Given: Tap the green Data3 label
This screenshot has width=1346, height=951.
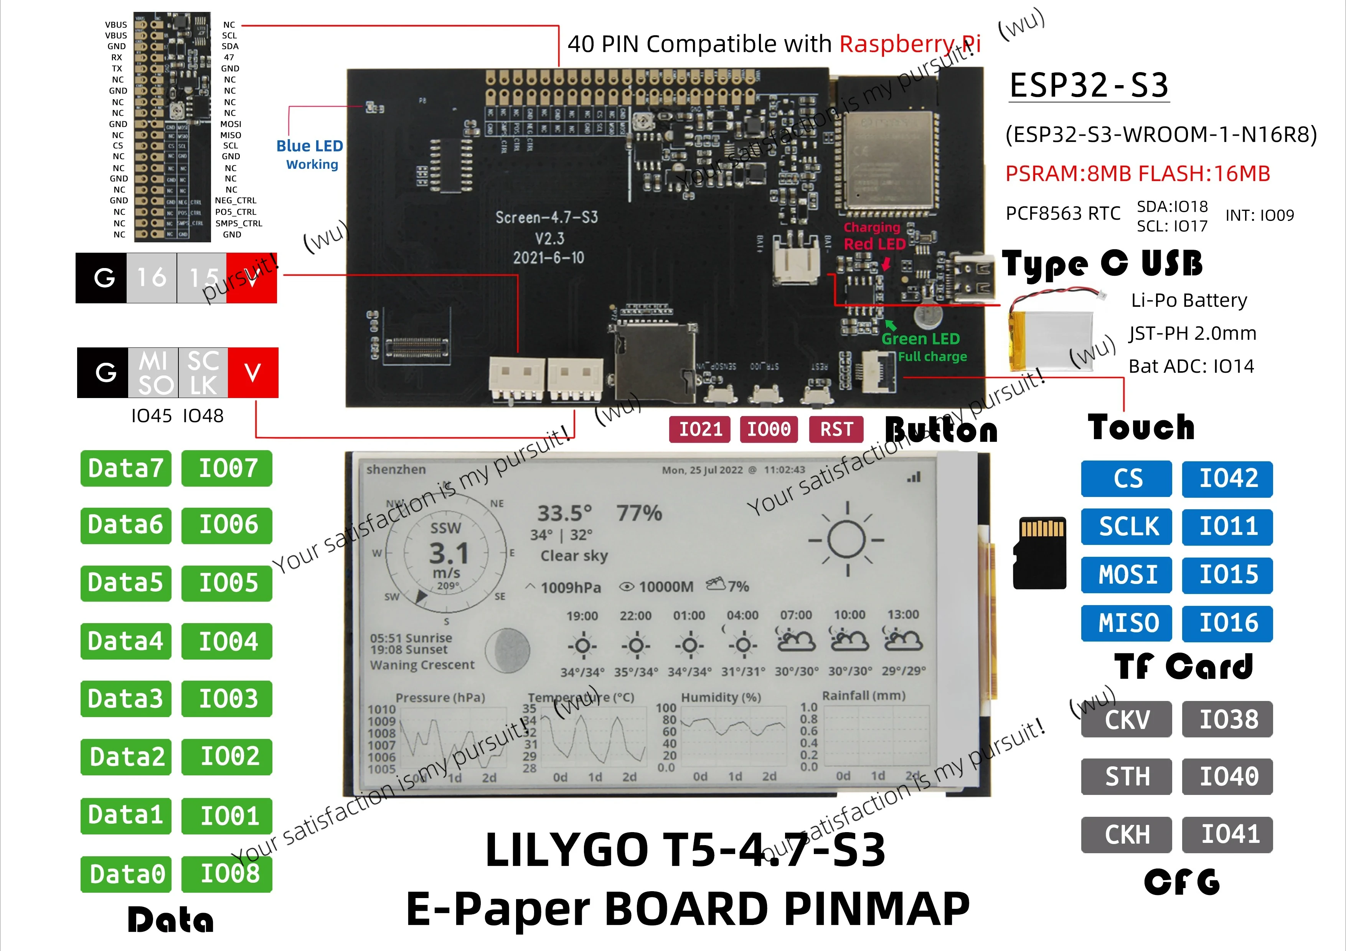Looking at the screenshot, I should [x=125, y=698].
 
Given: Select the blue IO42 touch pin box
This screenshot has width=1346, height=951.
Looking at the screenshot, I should [x=1227, y=479].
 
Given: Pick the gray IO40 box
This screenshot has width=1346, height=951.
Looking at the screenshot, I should [x=1227, y=777].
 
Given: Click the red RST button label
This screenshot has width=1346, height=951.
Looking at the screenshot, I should [x=836, y=429].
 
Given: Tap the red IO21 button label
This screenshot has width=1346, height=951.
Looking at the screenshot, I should [x=700, y=429].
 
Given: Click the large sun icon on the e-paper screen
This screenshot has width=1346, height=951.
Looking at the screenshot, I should [x=846, y=540].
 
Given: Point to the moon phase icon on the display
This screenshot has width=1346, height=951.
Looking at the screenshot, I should [x=508, y=650].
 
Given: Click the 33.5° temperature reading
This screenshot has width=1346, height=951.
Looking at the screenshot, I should [x=564, y=513].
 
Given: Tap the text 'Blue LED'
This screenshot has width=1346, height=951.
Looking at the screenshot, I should [x=310, y=146].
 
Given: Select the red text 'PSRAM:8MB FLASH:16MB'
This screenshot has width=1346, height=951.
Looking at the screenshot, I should [x=1137, y=174].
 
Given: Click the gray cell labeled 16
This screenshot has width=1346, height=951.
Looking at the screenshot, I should [x=151, y=278].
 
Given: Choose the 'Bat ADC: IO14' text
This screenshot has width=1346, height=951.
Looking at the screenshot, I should [x=1191, y=366].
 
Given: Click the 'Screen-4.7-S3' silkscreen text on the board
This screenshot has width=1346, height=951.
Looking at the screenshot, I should [x=546, y=218].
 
